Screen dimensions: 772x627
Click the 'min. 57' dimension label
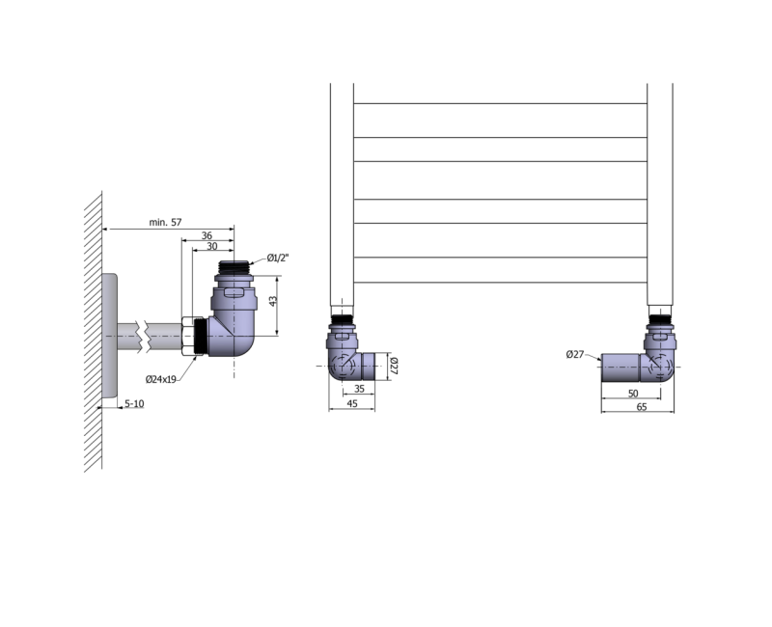point(165,223)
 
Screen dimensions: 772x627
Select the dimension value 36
point(207,235)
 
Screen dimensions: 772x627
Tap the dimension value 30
point(211,246)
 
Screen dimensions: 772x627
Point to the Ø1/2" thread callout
point(278,258)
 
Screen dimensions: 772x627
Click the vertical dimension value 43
point(273,301)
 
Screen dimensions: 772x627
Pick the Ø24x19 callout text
point(161,379)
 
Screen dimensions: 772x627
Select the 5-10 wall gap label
point(134,404)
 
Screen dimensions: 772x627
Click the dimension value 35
point(359,389)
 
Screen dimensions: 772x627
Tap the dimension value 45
point(352,403)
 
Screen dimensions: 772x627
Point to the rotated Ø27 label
point(394,367)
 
